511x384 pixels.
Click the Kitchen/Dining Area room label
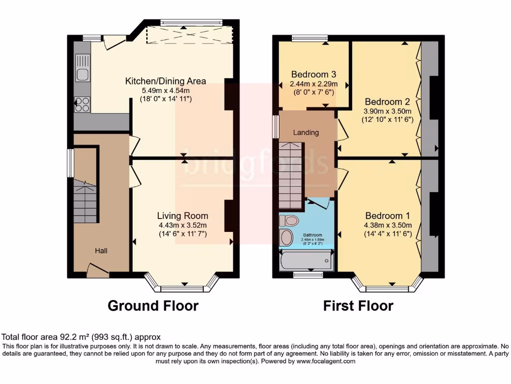(165, 81)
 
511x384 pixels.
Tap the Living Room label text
(182, 215)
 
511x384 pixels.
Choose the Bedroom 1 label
(387, 215)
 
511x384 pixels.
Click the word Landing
(305, 132)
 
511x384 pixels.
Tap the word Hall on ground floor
(101, 250)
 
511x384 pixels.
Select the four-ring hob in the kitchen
(82, 104)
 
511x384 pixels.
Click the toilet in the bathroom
(288, 220)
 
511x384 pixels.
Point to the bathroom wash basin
(286, 237)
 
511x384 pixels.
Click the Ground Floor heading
(153, 305)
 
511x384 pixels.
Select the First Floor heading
(358, 305)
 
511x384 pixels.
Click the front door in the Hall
(98, 271)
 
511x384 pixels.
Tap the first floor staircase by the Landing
(290, 175)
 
